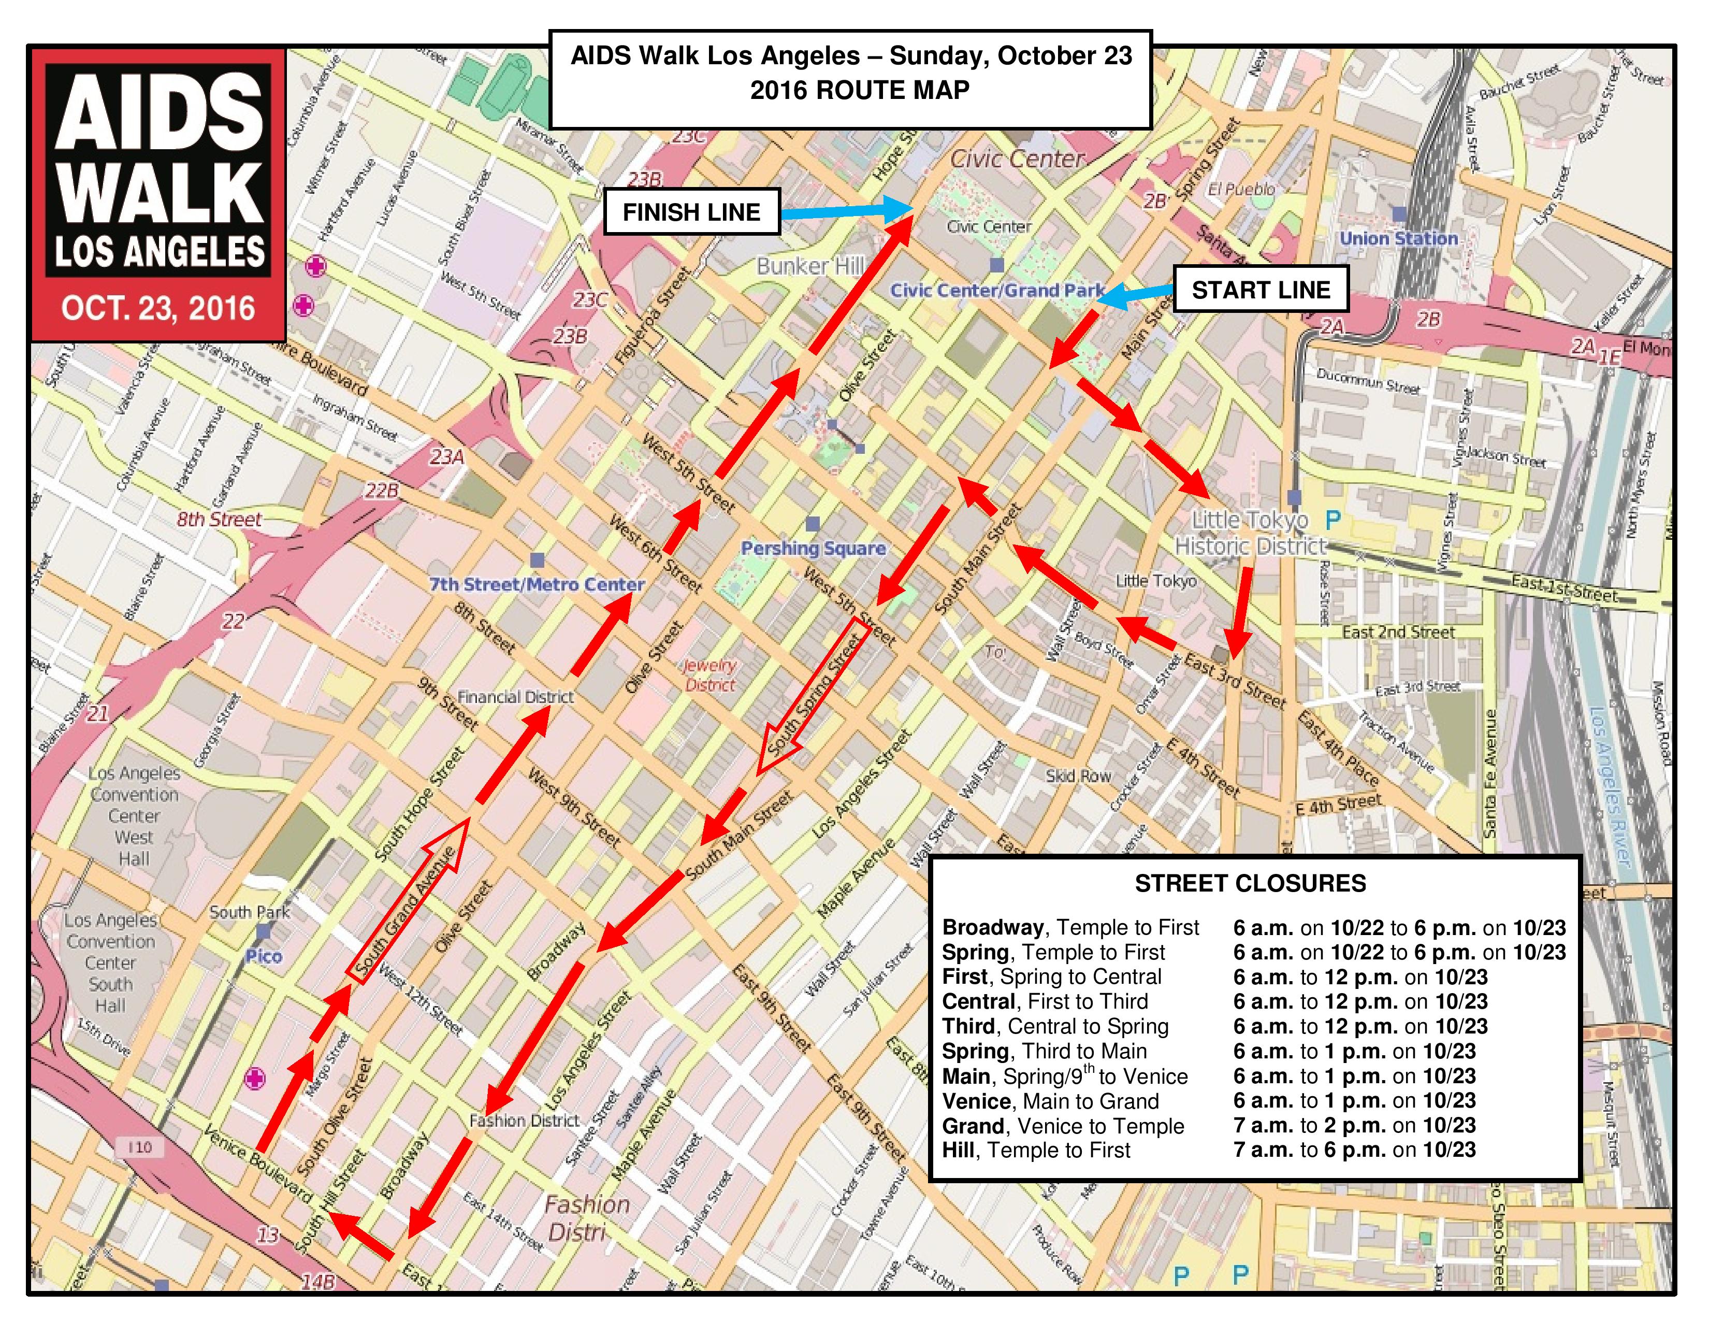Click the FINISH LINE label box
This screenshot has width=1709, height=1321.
pyautogui.click(x=692, y=212)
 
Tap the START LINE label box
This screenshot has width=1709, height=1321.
pyautogui.click(x=1261, y=290)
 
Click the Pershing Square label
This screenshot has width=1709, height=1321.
pyautogui.click(x=813, y=549)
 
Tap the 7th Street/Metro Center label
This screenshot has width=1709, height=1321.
pyautogui.click(x=537, y=584)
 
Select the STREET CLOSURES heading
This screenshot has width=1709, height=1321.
pyautogui.click(x=1251, y=884)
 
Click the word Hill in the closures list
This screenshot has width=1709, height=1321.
pyautogui.click(x=961, y=1151)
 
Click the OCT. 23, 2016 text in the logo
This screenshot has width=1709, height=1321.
pyautogui.click(x=158, y=308)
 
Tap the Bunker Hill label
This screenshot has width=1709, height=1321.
pyautogui.click(x=810, y=266)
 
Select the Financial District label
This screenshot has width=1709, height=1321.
pyautogui.click(x=516, y=696)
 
